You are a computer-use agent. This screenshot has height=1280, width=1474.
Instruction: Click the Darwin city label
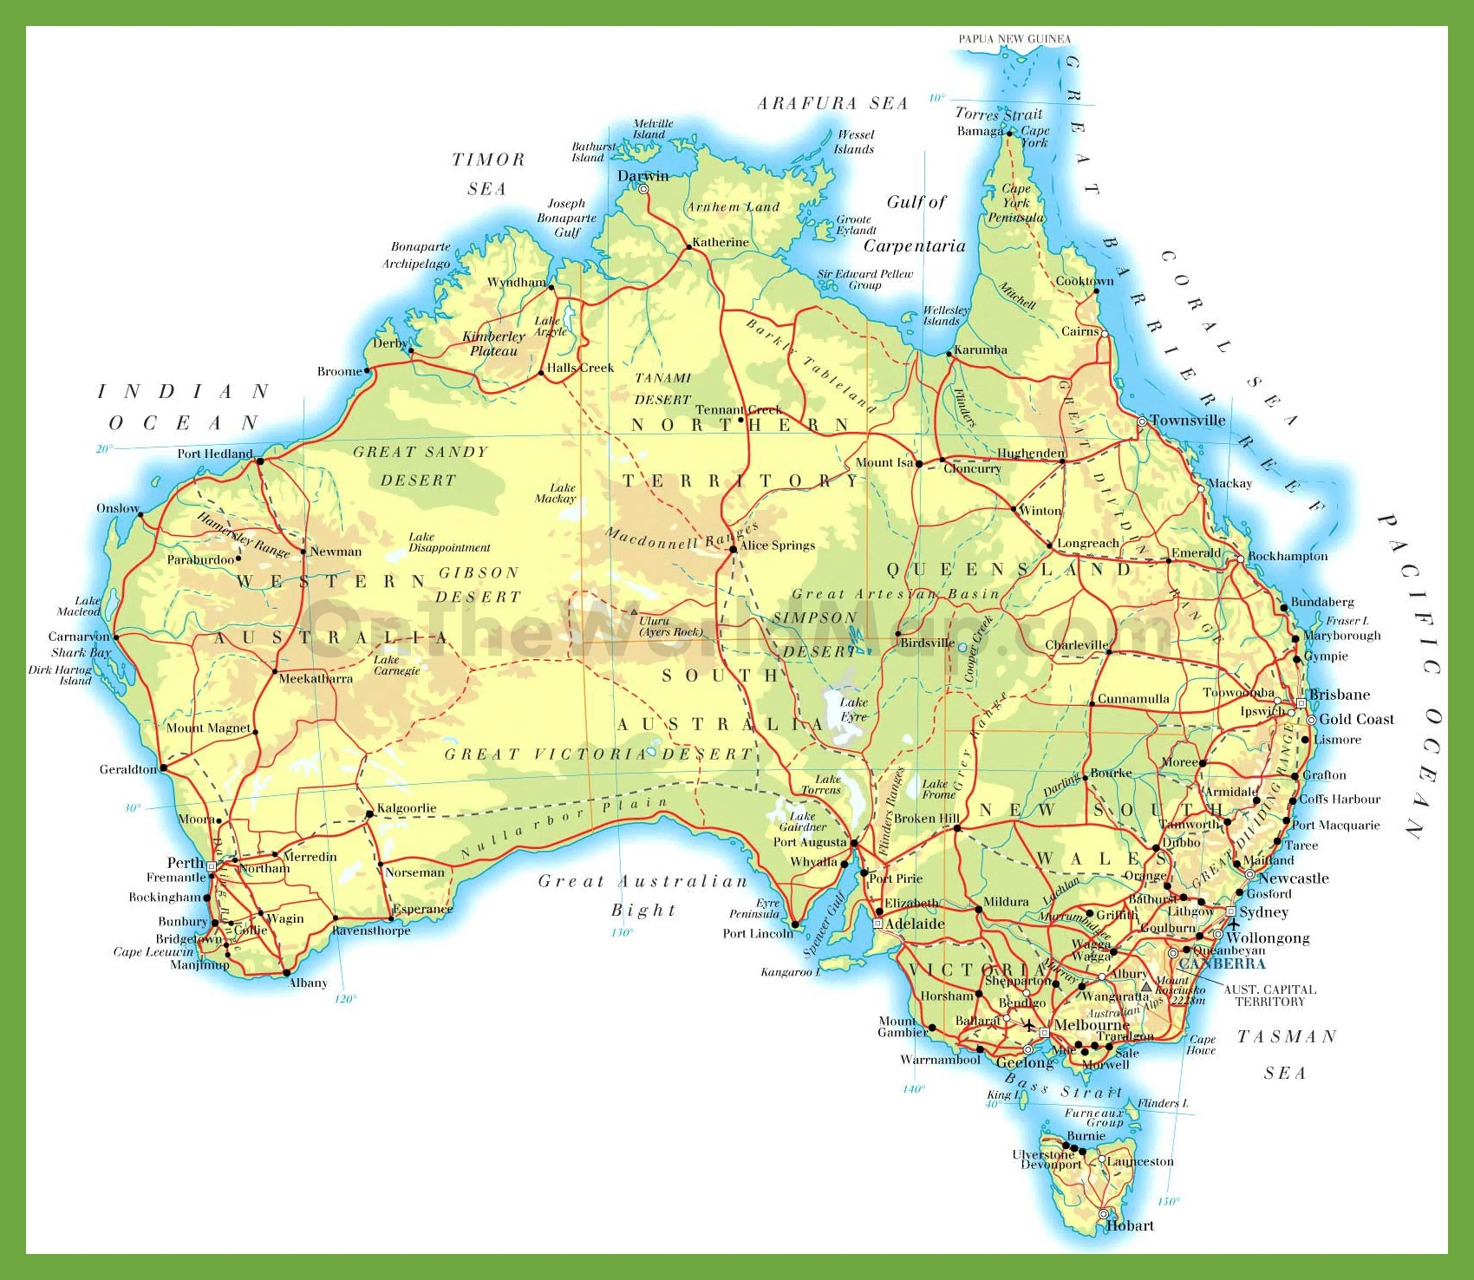642,176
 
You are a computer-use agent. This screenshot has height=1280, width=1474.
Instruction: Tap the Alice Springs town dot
733,549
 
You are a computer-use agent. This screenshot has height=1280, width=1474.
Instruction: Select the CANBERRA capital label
1222,963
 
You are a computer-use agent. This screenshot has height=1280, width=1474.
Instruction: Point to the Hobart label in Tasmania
1130,1225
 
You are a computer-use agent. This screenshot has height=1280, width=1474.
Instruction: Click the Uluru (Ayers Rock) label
670,626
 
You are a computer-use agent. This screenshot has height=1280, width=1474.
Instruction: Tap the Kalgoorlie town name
406,808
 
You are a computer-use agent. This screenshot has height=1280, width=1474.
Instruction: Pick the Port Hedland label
214,454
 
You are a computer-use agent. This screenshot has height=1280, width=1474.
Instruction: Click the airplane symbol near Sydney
1232,924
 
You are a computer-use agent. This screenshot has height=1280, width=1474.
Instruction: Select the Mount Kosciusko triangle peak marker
1146,987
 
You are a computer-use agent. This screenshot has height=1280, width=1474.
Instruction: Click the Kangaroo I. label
790,972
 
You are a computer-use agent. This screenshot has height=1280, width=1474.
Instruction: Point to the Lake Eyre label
853,709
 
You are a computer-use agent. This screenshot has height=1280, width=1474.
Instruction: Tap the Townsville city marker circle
1142,421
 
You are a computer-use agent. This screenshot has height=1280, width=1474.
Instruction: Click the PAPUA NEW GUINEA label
1014,39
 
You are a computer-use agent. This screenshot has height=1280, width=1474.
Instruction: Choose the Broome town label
339,371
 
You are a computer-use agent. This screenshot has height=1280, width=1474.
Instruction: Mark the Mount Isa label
884,462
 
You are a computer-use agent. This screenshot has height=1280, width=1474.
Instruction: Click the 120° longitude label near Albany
344,999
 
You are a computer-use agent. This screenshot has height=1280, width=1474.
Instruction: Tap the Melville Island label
652,129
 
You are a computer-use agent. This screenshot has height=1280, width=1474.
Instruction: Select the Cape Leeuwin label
153,951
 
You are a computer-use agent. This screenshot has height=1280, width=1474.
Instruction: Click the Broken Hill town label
926,818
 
